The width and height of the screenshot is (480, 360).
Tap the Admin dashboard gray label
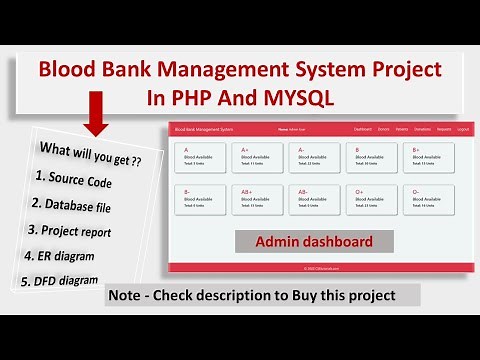314,241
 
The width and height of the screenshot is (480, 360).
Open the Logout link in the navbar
463,129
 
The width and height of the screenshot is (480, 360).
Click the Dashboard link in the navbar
364,129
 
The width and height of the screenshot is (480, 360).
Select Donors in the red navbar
385,129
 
